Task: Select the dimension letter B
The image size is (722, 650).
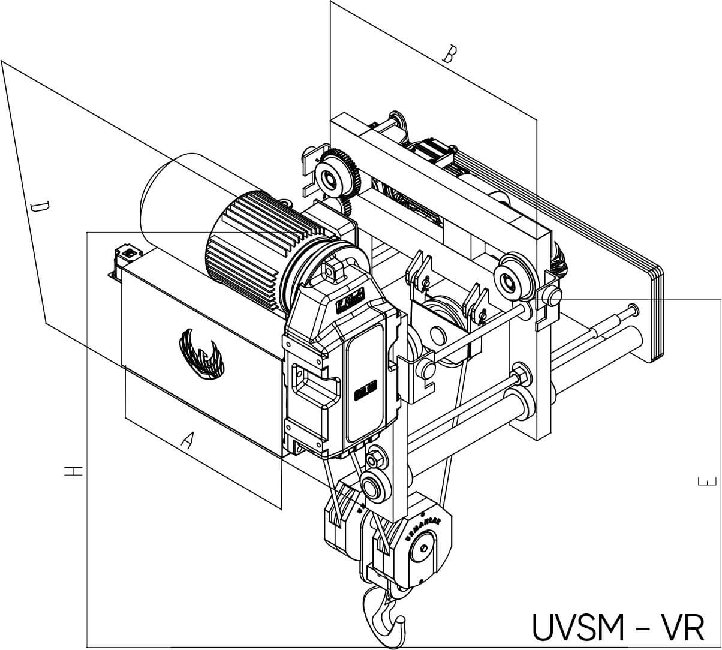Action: click(x=449, y=54)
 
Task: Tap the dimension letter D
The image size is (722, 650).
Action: click(x=40, y=208)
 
